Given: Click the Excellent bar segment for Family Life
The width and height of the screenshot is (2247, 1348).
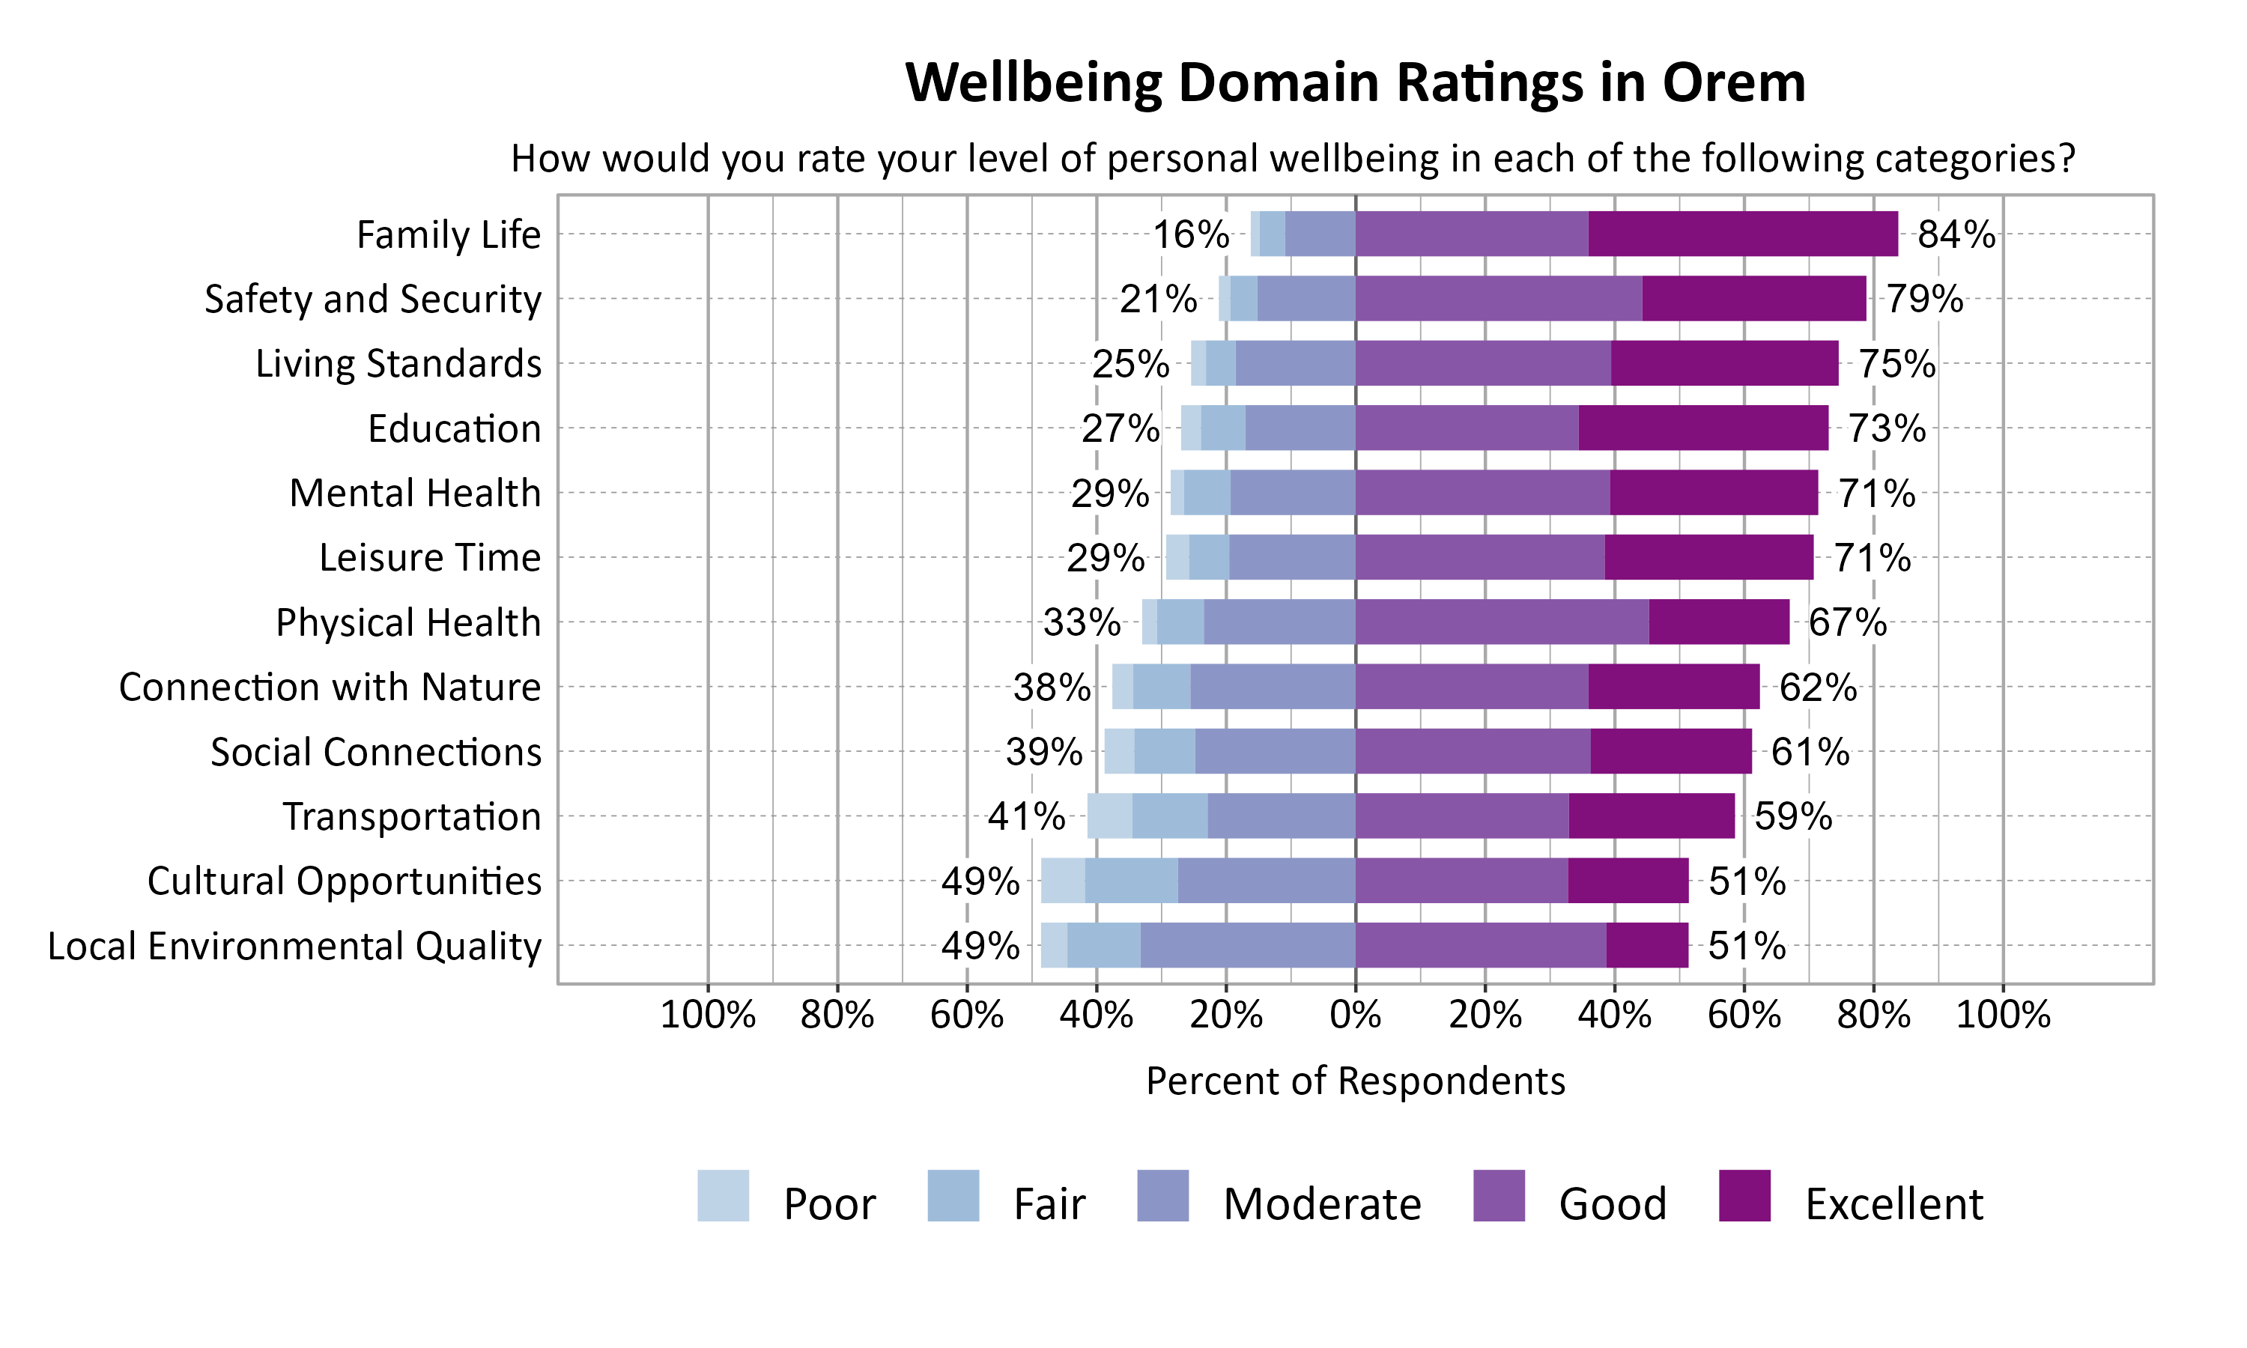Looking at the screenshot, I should pyautogui.click(x=1742, y=234).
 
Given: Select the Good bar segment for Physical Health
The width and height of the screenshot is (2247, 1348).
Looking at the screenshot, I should pyautogui.click(x=1501, y=622).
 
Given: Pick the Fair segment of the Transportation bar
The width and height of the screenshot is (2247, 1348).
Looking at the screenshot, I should pyautogui.click(x=1169, y=816).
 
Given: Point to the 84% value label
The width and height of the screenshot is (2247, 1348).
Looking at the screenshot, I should pyautogui.click(x=1956, y=234).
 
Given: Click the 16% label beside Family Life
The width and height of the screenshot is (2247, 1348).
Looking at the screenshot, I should pyautogui.click(x=1190, y=234).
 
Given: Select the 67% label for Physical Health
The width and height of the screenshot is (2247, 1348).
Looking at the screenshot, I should pyautogui.click(x=1846, y=622).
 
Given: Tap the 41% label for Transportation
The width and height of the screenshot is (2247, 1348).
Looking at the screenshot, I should pyautogui.click(x=1025, y=816).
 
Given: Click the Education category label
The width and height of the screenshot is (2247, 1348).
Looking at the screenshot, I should pyautogui.click(x=454, y=428).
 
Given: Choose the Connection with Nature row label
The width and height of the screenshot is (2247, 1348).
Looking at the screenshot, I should pyautogui.click(x=330, y=687).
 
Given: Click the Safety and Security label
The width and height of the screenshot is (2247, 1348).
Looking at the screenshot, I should pyautogui.click(x=372, y=299).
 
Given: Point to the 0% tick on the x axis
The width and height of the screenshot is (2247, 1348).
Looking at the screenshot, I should pyautogui.click(x=1355, y=1015).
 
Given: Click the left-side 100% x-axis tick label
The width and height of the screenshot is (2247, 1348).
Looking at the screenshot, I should pyautogui.click(x=708, y=1015).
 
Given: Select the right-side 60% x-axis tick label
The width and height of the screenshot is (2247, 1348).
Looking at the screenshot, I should pyautogui.click(x=1744, y=1015).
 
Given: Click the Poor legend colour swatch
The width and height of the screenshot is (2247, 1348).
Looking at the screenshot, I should pyautogui.click(x=723, y=1195).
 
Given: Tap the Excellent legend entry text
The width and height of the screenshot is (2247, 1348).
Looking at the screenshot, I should pyautogui.click(x=1893, y=1203).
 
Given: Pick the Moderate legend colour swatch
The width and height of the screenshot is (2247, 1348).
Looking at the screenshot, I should pyautogui.click(x=1162, y=1195).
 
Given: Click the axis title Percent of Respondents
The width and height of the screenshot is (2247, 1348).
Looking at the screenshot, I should pyautogui.click(x=1355, y=1081).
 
